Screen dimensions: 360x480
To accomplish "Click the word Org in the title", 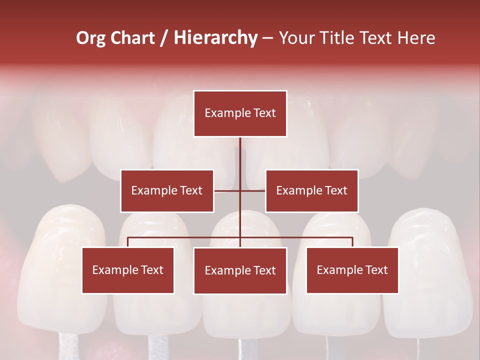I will click(x=91, y=38).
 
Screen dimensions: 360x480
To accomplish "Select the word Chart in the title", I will click(x=133, y=38).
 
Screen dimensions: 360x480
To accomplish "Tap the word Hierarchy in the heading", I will click(x=215, y=38).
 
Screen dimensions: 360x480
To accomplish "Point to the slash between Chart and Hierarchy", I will click(x=164, y=38).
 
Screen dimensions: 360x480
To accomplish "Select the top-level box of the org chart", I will click(x=240, y=113).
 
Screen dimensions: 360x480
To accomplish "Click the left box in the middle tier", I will click(x=166, y=191).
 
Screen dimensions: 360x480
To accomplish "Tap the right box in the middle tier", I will click(x=311, y=191).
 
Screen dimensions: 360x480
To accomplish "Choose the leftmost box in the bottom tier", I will click(x=127, y=270).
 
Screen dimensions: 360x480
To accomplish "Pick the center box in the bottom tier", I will click(x=240, y=271).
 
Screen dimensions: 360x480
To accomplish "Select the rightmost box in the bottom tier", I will click(x=352, y=270).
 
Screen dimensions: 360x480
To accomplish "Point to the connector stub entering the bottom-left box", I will click(x=127, y=242).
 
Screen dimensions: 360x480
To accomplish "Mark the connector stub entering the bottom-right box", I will click(x=352, y=242).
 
